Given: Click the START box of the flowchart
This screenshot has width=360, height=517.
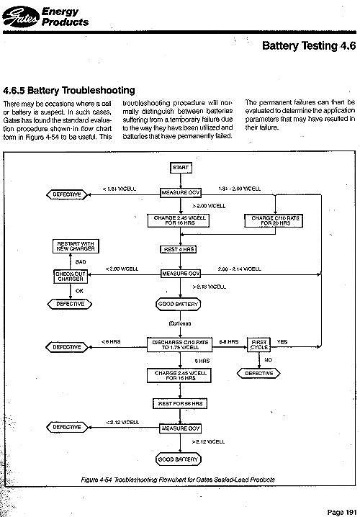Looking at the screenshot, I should point(180,167).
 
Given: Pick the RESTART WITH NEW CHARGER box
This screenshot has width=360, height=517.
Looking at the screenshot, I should point(70,247).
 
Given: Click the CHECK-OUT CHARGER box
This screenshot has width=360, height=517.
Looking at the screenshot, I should point(70,277).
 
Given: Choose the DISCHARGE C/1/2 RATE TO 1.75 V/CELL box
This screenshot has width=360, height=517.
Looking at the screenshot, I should point(180,343).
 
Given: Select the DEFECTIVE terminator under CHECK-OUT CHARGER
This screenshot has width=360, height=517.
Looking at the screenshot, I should point(70,304).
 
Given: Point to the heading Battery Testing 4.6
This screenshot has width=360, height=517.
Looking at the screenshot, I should point(309,45).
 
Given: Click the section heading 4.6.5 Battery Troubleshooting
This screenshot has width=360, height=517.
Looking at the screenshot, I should point(69,91).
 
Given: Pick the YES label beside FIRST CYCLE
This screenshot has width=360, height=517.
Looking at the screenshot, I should point(282,341).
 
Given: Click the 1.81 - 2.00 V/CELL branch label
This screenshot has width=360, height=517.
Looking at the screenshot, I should point(238,188).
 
